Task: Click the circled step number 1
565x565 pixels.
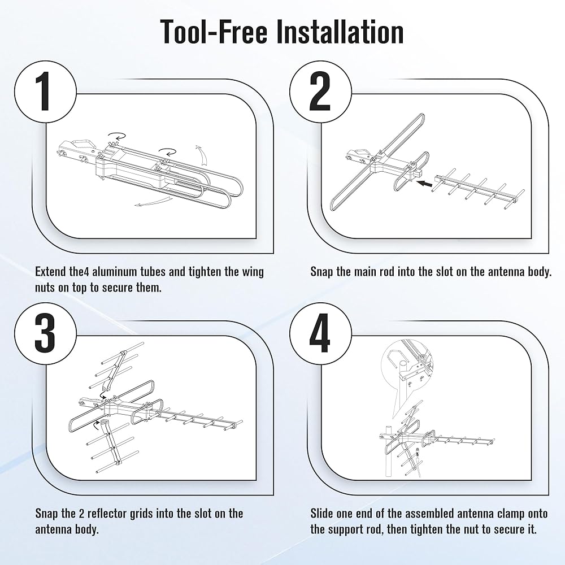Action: (x=45, y=92)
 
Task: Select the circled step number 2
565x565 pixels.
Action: (x=320, y=92)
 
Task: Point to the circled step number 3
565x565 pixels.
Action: (x=45, y=333)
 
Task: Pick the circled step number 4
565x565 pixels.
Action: (x=320, y=333)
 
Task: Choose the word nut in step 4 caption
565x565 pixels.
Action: (x=471, y=530)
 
